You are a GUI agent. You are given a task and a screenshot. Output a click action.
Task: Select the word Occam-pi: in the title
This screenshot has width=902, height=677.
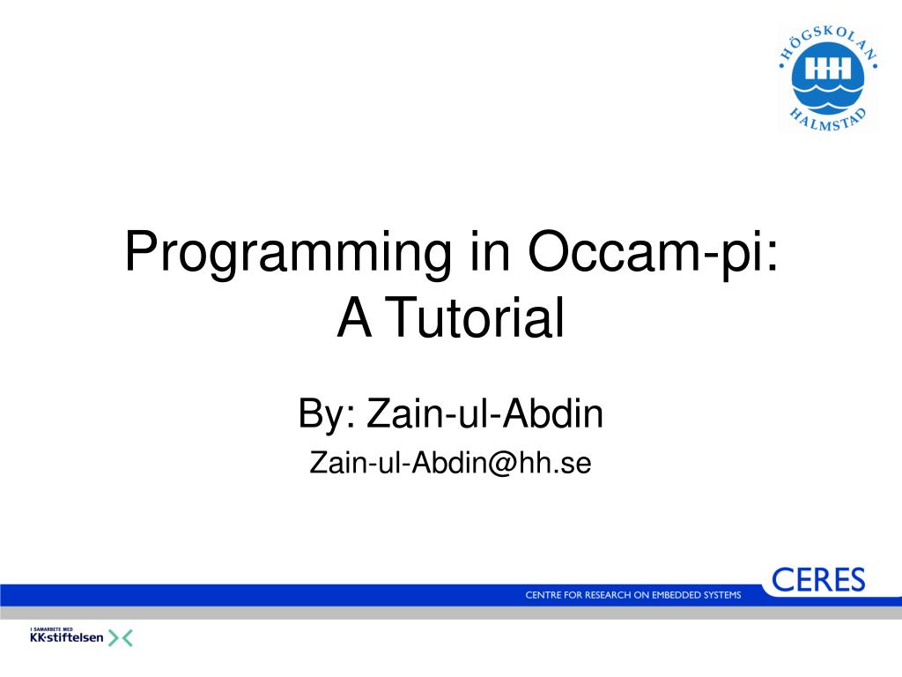point(653,253)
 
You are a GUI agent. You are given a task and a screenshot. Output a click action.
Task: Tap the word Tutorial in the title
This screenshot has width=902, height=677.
point(475,317)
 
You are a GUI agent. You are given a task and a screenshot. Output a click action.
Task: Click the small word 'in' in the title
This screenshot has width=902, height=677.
point(490,251)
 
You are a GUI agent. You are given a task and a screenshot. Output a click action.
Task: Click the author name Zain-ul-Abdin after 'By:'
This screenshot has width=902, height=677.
point(484,413)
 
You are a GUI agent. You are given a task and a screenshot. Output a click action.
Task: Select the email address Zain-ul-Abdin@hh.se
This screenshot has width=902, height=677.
point(450,463)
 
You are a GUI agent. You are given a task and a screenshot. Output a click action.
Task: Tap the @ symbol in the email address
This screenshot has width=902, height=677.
point(502,464)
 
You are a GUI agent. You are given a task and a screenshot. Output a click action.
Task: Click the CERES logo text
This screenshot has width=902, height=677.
point(818,580)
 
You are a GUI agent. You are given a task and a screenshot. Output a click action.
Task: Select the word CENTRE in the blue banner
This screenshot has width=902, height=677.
point(543,595)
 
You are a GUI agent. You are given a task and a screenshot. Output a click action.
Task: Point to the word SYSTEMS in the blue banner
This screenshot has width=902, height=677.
point(721,595)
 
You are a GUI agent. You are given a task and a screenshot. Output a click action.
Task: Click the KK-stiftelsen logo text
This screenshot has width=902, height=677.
point(67,637)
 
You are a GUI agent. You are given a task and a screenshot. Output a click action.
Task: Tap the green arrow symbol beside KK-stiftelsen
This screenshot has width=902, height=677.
point(120,638)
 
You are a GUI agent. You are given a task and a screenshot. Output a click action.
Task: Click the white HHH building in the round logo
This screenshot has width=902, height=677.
point(828,69)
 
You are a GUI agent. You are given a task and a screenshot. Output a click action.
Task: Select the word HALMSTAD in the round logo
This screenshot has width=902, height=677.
point(827,119)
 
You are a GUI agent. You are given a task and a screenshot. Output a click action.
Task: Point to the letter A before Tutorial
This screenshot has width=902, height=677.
point(354,317)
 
